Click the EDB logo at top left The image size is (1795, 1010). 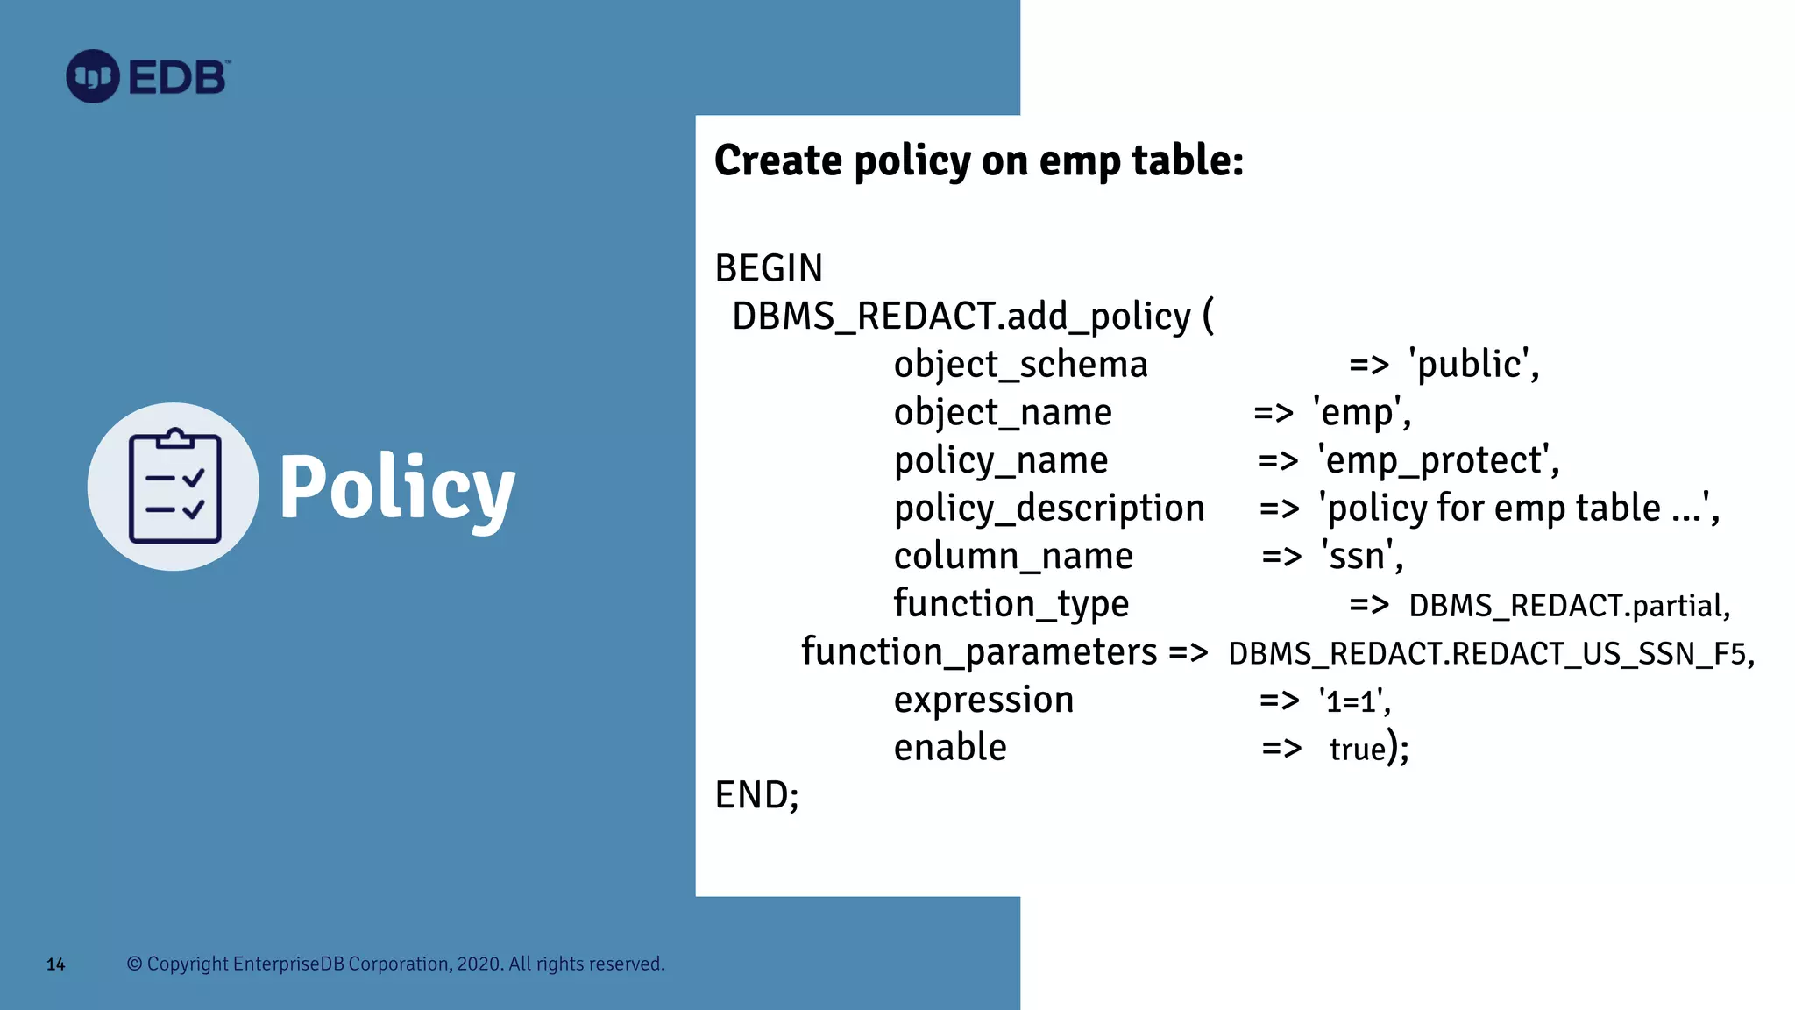(147, 77)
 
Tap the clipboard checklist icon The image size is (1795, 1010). (174, 487)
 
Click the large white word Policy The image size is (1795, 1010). (396, 489)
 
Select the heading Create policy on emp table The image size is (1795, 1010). (978, 161)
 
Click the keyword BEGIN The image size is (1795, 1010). (769, 268)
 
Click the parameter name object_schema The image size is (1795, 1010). (1020, 365)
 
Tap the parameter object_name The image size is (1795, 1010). (1003, 413)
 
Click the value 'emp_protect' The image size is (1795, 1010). (1437, 461)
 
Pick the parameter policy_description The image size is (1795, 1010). (1049, 509)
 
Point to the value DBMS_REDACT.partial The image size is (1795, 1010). (1568, 606)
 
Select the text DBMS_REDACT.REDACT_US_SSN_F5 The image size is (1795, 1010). (1490, 654)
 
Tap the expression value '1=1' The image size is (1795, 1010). (1353, 701)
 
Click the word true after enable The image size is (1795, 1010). (1358, 750)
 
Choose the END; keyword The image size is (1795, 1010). (756, 796)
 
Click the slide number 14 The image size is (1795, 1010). (55, 964)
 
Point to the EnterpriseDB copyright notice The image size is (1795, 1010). (396, 964)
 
